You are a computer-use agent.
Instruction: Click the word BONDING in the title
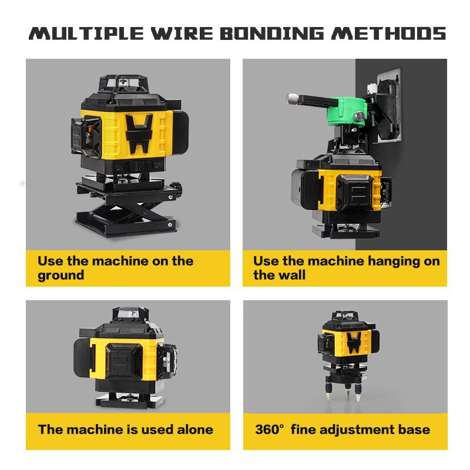272,33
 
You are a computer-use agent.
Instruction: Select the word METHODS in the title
389,33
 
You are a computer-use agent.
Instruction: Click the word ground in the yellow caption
61,276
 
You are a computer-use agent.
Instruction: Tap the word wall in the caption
293,275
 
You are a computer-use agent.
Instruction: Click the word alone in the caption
195,429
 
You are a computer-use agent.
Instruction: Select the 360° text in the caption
269,429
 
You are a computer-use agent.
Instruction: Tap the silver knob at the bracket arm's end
291,98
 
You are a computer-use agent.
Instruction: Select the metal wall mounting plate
389,105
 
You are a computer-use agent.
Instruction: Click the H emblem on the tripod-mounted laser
354,343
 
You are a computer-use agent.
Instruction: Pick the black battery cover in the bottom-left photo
123,362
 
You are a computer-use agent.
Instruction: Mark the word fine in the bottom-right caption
303,429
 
